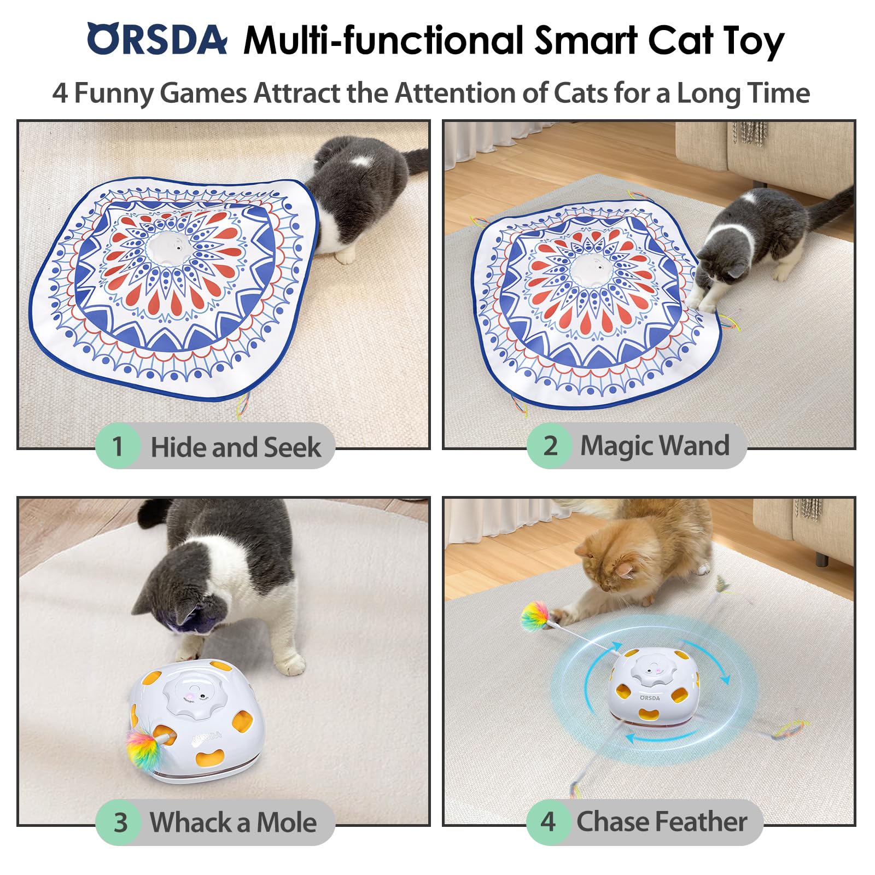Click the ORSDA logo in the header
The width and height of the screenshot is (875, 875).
[157, 39]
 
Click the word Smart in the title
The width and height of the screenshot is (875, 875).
[586, 40]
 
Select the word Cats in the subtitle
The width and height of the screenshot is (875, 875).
[580, 92]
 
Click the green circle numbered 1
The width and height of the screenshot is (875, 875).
[118, 446]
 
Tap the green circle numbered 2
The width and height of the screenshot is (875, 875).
[550, 445]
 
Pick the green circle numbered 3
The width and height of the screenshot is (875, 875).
[120, 822]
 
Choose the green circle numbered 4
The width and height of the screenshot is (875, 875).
[548, 821]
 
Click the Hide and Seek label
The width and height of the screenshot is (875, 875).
[235, 447]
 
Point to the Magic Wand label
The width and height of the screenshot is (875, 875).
[654, 445]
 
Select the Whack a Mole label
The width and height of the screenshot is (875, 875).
[233, 822]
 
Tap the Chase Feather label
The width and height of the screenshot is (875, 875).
[662, 821]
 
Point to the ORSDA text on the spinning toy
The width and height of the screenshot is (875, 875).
[650, 698]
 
